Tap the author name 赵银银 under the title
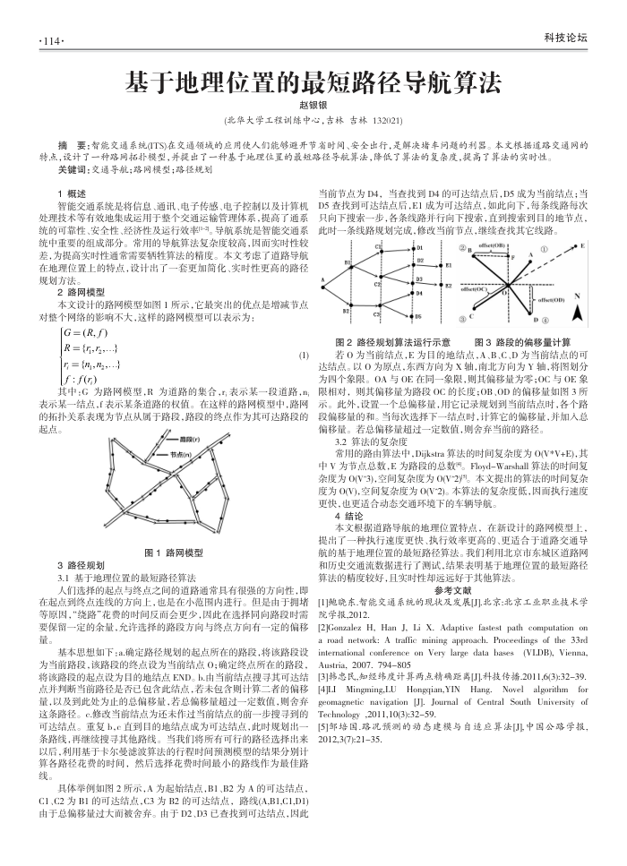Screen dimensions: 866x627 pyautogui.click(x=313, y=106)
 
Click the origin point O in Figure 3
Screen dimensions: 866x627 pyautogui.click(x=511, y=282)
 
